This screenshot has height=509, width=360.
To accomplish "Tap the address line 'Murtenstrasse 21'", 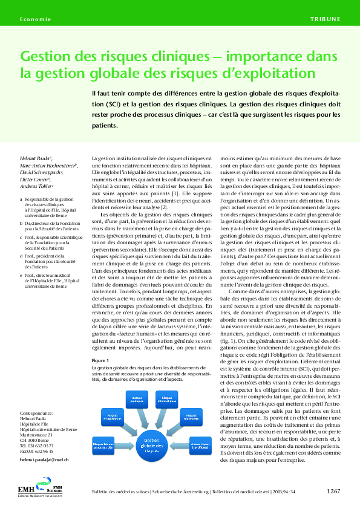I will (x=36, y=434).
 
